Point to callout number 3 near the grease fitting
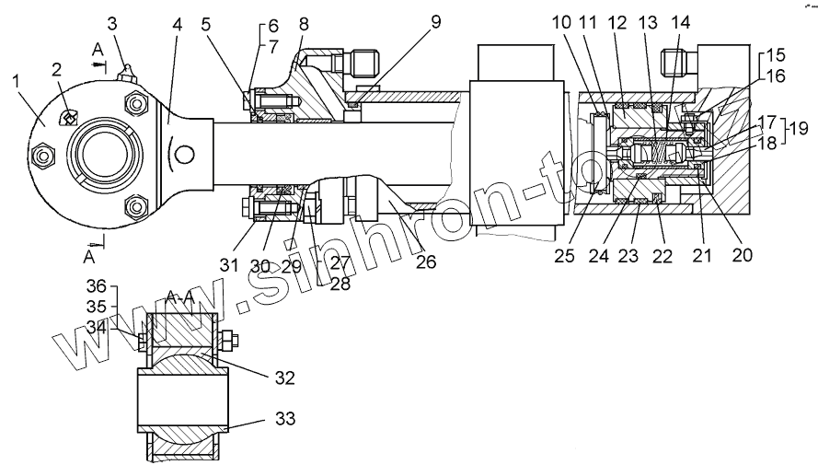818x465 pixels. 111,21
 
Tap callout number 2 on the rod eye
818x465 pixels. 57,69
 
